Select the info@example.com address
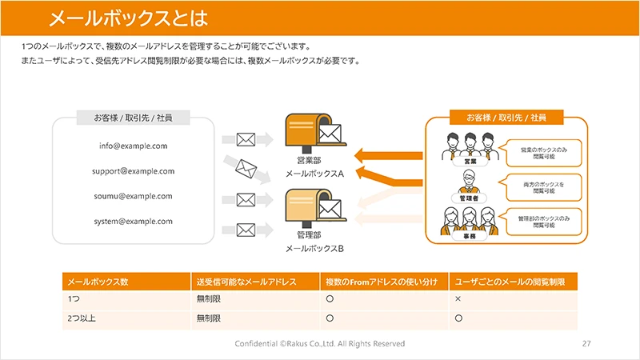pyautogui.click(x=133, y=146)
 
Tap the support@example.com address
pyautogui.click(x=133, y=171)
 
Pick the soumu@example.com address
pyautogui.click(x=133, y=196)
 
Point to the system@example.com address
pyautogui.click(x=133, y=221)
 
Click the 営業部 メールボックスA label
pyautogui.click(x=314, y=167)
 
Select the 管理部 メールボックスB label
pyautogui.click(x=314, y=242)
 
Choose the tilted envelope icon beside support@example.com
pyautogui.click(x=246, y=170)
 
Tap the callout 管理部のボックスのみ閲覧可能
pyautogui.click(x=543, y=221)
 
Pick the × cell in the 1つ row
pyautogui.click(x=458, y=299)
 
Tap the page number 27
pyautogui.click(x=586, y=343)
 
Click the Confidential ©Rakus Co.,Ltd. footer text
pyautogui.click(x=320, y=343)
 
